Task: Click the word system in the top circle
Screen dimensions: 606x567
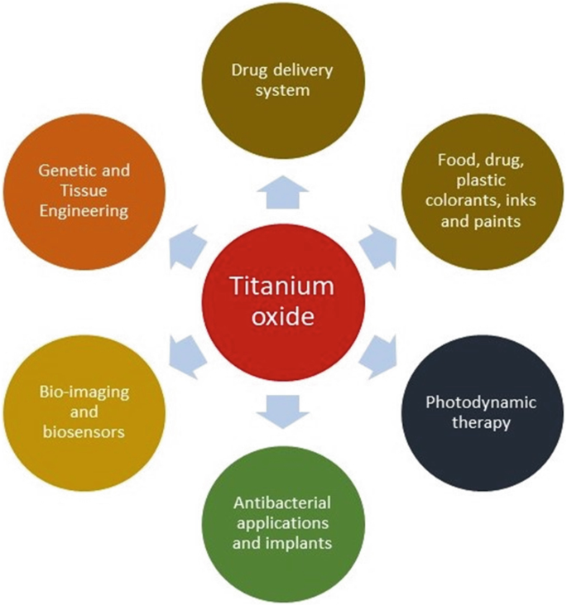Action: tap(282, 89)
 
